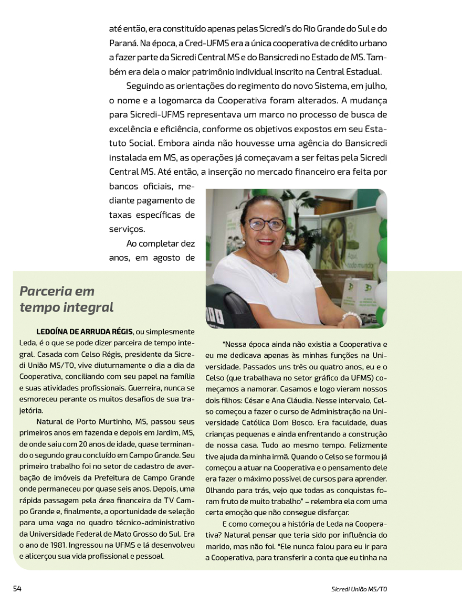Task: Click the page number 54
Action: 17,589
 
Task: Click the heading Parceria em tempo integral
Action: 66,299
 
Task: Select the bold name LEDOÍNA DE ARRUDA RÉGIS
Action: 85,332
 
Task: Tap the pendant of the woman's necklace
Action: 274,274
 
